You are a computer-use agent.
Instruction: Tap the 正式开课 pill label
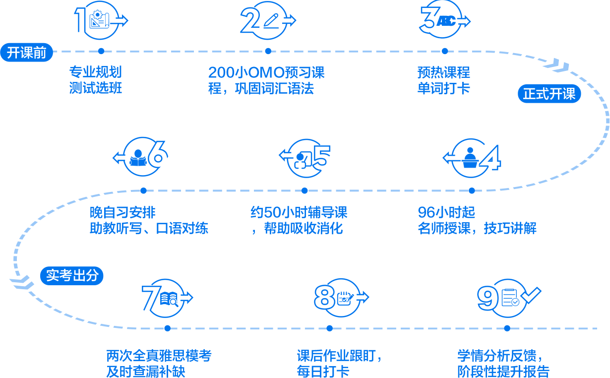pyautogui.click(x=549, y=94)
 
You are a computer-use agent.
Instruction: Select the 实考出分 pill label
pyautogui.click(x=72, y=276)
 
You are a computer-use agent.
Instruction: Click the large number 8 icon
pyautogui.click(x=325, y=299)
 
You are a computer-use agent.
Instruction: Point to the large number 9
pyautogui.click(x=488, y=299)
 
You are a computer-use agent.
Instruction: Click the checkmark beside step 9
pyautogui.click(x=530, y=295)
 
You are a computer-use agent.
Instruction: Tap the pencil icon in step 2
pyautogui.click(x=271, y=20)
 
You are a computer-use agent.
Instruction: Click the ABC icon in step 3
pyautogui.click(x=446, y=21)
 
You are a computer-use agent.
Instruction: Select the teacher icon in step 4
pyautogui.click(x=470, y=157)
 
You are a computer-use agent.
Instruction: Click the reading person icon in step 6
pyautogui.click(x=138, y=158)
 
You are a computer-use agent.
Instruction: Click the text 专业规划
pyautogui.click(x=95, y=72)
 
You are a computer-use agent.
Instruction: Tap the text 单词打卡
pyautogui.click(x=443, y=89)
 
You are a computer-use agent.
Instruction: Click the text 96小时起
pyautogui.click(x=446, y=213)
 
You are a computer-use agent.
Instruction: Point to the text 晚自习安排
pyautogui.click(x=122, y=213)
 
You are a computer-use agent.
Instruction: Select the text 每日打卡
pyautogui.click(x=323, y=372)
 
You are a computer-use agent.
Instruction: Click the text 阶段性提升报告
pyautogui.click(x=503, y=372)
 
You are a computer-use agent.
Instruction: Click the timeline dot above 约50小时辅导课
pyautogui.click(x=305, y=190)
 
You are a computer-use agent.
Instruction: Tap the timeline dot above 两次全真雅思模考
pyautogui.click(x=167, y=328)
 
